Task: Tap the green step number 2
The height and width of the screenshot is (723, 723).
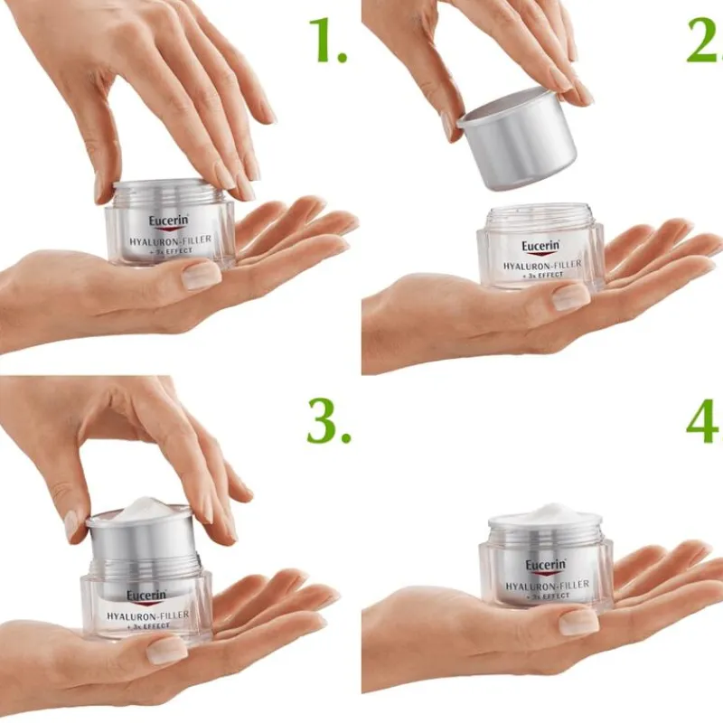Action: tap(706, 41)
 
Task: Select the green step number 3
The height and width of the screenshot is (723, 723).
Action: tap(329, 421)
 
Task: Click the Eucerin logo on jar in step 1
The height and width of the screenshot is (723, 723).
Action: tap(168, 222)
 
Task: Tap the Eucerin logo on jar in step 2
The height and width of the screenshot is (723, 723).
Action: tap(540, 248)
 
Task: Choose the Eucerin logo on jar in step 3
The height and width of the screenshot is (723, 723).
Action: tap(146, 597)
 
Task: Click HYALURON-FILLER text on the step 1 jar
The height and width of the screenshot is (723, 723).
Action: tap(170, 240)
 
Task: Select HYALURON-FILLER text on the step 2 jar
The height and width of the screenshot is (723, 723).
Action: tap(542, 265)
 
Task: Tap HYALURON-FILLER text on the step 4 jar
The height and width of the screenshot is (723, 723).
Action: tap(548, 585)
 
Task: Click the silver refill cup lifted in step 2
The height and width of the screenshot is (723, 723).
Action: tap(518, 138)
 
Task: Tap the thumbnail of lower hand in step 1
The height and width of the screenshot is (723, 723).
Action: tap(201, 275)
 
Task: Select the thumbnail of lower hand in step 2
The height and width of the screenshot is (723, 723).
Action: tap(571, 297)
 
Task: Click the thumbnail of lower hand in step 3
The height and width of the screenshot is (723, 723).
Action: tap(166, 650)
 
